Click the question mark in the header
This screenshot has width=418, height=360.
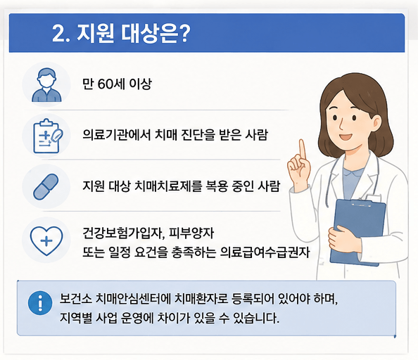(184, 33)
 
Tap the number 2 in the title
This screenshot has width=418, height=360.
(58, 33)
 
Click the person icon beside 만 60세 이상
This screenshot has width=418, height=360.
(46, 85)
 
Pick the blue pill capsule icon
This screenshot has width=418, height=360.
(46, 186)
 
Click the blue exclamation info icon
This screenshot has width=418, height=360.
(40, 303)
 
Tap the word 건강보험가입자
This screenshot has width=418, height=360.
(122, 233)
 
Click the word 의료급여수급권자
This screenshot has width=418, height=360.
(265, 252)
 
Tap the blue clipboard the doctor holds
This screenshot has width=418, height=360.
(357, 232)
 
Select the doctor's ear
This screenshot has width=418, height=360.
(376, 124)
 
